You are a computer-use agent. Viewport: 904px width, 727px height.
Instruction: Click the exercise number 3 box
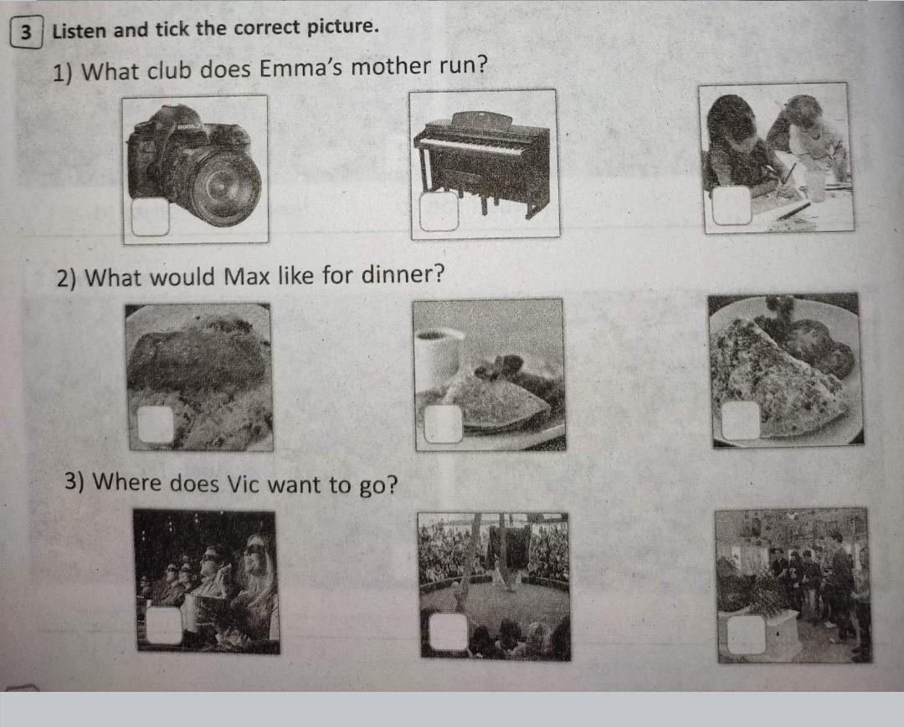(26, 32)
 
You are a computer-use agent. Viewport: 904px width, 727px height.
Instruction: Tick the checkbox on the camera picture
(151, 217)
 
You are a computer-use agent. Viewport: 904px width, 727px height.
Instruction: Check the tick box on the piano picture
(439, 212)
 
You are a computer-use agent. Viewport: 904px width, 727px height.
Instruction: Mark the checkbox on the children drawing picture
(732, 205)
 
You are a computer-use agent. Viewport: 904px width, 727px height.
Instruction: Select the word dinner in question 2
(403, 274)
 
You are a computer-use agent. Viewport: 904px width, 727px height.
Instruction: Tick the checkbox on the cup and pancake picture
(444, 423)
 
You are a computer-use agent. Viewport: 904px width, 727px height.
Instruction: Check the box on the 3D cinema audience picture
(165, 624)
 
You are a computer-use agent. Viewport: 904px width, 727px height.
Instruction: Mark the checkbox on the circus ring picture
(448, 632)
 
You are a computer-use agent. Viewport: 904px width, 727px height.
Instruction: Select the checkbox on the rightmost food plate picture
(741, 421)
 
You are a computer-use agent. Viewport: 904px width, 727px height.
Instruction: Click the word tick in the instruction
(172, 28)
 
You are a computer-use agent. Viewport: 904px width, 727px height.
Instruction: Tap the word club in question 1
(169, 70)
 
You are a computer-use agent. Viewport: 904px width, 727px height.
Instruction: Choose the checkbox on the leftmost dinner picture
(156, 424)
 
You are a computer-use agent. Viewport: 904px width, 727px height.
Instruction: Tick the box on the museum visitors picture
(747, 634)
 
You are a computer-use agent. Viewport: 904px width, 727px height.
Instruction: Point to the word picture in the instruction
(341, 27)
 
